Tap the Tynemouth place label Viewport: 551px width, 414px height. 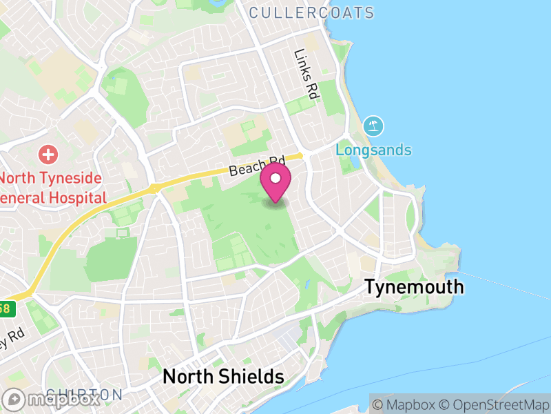[x=414, y=286]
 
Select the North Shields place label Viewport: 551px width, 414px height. [x=222, y=377]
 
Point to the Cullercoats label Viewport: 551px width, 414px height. [x=311, y=12]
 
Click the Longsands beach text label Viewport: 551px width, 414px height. [x=373, y=150]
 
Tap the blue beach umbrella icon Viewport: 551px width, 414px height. [x=374, y=126]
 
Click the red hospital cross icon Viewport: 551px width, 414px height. [x=48, y=153]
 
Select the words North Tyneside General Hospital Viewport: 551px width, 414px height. [x=51, y=188]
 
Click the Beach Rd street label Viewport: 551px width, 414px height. [x=256, y=166]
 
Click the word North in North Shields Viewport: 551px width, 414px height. [x=184, y=377]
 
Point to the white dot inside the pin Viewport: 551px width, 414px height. [x=275, y=179]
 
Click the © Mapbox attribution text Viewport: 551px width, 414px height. [x=406, y=404]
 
